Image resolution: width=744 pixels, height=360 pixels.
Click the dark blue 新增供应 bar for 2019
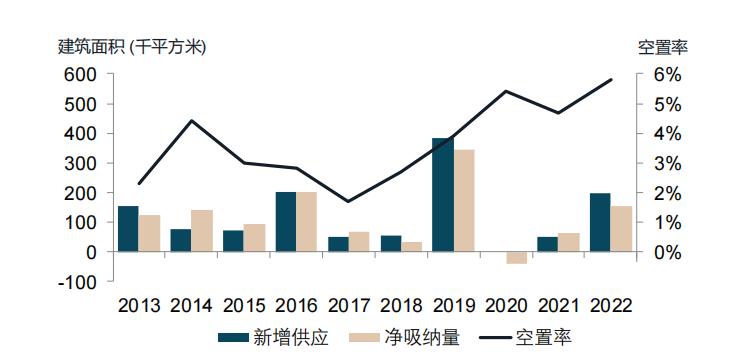click(442, 195)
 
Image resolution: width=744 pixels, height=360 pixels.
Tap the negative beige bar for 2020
click(516, 258)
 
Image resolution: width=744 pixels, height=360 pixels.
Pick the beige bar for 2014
click(202, 231)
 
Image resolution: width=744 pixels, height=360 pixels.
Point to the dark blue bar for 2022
click(600, 223)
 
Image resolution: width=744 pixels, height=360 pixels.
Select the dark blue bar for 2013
click(128, 229)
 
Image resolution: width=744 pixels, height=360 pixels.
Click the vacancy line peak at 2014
click(191, 121)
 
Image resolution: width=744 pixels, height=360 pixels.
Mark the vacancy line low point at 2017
click(348, 201)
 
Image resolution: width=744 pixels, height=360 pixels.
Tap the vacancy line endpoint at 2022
click(610, 80)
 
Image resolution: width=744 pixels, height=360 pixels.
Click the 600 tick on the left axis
click(82, 75)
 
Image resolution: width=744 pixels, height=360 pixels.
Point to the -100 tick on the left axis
click(79, 282)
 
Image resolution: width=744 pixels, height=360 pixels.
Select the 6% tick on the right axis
click(667, 75)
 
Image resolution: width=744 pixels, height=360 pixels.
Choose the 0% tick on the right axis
click(667, 252)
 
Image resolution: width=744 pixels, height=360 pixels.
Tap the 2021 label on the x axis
click(558, 305)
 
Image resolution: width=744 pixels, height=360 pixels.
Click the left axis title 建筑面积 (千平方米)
click(131, 46)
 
